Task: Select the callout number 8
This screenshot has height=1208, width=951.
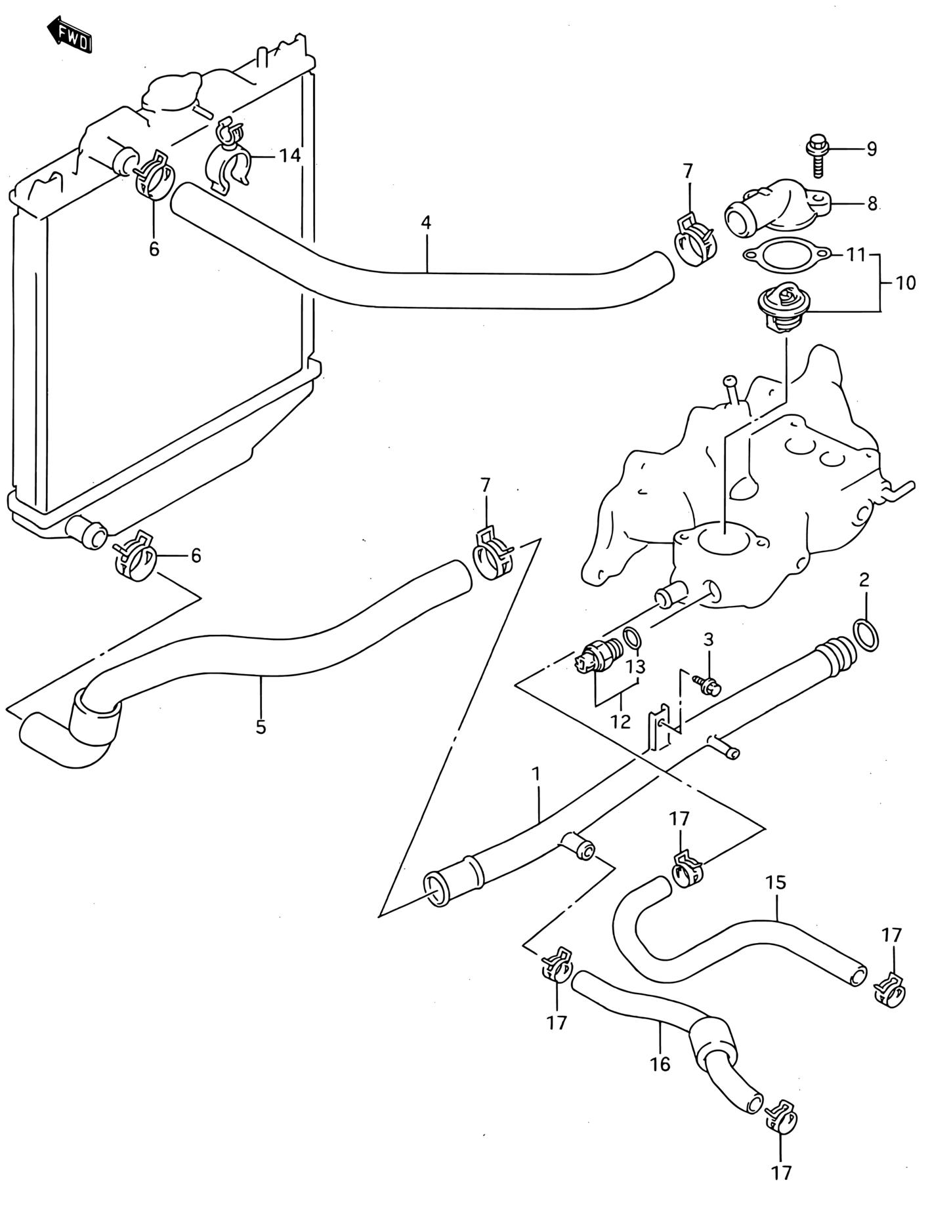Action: click(872, 204)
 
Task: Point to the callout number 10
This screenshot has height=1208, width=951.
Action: click(905, 283)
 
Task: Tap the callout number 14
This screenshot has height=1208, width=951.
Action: click(289, 155)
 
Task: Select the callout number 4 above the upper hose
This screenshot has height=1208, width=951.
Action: click(426, 222)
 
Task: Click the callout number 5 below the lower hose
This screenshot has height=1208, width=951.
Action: click(261, 727)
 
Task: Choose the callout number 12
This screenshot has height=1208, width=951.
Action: click(620, 721)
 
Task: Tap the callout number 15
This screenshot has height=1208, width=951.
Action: click(776, 882)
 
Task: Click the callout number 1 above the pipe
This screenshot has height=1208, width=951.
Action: click(536, 774)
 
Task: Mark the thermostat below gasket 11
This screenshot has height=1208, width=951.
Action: click(785, 306)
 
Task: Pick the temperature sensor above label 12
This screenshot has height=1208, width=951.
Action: click(598, 655)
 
